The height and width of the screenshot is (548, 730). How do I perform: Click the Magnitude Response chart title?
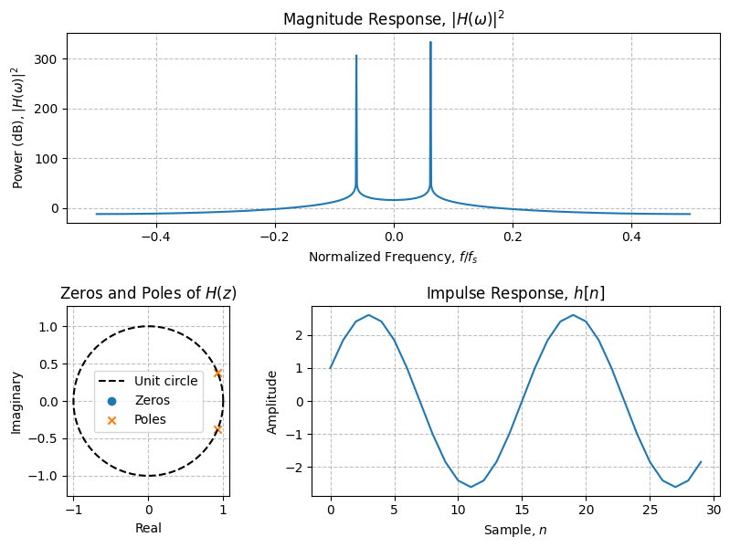click(393, 19)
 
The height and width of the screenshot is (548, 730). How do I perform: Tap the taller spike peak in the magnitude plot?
click(430, 42)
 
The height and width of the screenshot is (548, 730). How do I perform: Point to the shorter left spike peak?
click(356, 56)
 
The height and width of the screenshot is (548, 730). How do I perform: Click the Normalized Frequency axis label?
click(393, 258)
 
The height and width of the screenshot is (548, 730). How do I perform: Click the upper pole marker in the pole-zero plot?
click(217, 373)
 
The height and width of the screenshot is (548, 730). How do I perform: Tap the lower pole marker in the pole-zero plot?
click(217, 429)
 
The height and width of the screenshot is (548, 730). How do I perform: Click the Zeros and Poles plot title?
click(148, 293)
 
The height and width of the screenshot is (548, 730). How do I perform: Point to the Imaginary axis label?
click(16, 402)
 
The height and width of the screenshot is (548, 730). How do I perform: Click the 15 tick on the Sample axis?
click(522, 511)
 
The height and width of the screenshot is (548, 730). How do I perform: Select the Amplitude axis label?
click(272, 402)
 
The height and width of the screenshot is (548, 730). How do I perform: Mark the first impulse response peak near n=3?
click(368, 315)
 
